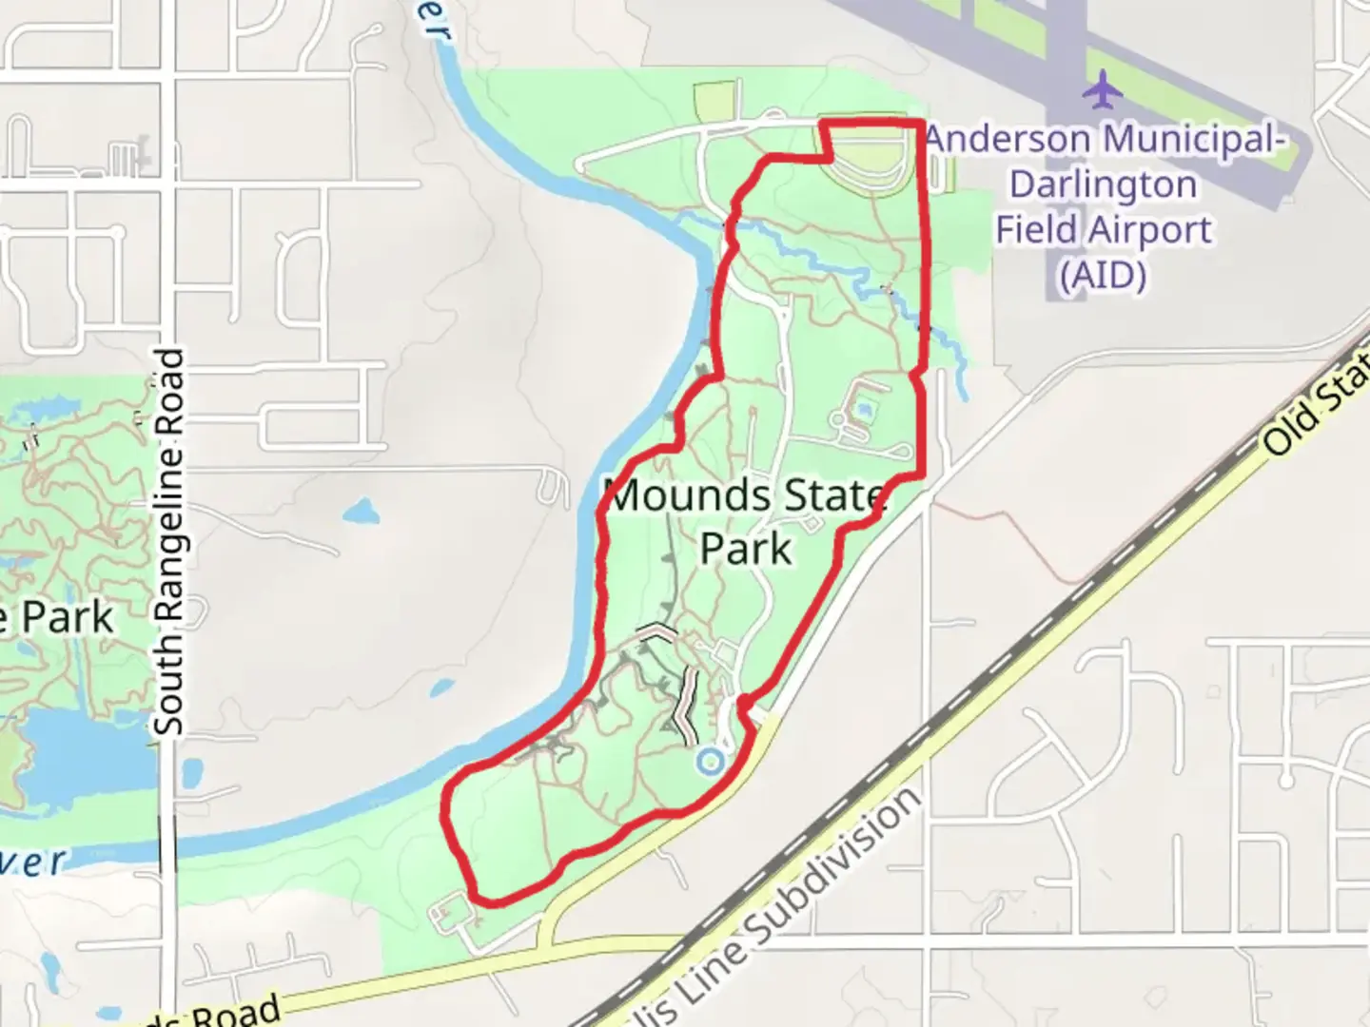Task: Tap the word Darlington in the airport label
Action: (1103, 184)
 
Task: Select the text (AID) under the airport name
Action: (1103, 276)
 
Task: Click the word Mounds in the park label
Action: (688, 496)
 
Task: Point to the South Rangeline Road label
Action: (169, 542)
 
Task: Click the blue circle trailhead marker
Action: (709, 761)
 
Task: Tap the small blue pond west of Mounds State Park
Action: (362, 514)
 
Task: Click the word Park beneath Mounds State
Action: (746, 549)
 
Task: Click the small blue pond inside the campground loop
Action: (863, 409)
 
